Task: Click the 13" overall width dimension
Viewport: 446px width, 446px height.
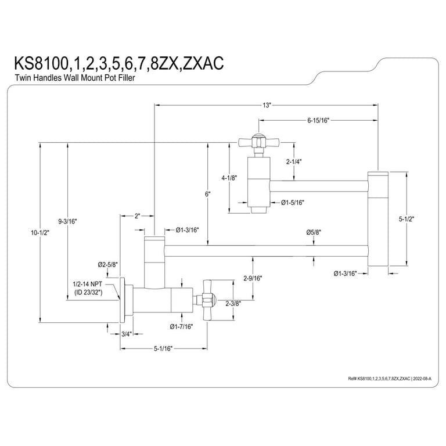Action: [x=267, y=105]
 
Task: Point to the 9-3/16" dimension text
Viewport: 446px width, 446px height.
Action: [x=67, y=221]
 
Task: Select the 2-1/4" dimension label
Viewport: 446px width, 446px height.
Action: [x=294, y=161]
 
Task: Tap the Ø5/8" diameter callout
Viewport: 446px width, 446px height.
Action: [x=314, y=232]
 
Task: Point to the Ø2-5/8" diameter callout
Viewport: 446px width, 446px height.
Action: [x=109, y=264]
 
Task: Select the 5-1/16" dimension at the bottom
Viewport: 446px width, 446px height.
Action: [x=163, y=348]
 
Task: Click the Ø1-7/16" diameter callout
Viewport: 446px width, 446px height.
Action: [x=181, y=326]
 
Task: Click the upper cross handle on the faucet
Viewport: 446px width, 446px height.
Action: [x=253, y=141]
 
